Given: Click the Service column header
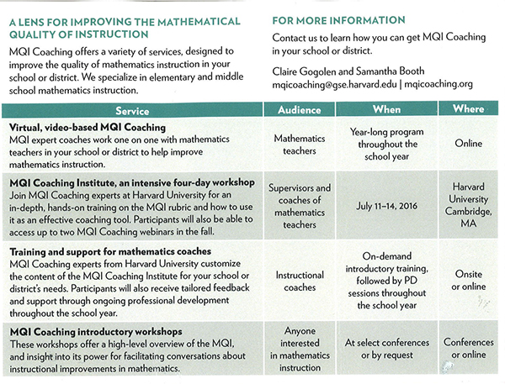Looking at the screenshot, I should pos(130,110).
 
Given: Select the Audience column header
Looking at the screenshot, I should pos(300,110).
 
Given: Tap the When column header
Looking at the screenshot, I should pos(386,110).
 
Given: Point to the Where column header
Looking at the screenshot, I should pos(467,109).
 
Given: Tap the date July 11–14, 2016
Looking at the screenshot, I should pos(386,205).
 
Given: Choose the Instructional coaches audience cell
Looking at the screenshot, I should pos(300,281).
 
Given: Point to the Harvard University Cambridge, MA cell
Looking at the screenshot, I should pos(468,205).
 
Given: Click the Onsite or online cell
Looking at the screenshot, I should pos(468,281).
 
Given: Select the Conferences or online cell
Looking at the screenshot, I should pos(468,348).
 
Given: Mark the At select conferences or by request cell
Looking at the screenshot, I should pos(386,348).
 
